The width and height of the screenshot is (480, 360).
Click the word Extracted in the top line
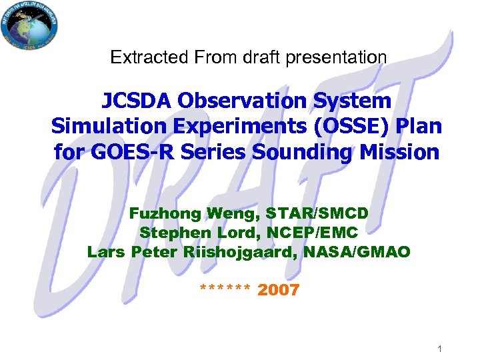click(x=141, y=57)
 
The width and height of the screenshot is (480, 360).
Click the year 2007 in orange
click(x=278, y=289)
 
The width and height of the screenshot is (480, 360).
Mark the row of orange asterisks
click(x=225, y=289)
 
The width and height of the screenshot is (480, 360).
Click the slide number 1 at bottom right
click(x=440, y=349)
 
